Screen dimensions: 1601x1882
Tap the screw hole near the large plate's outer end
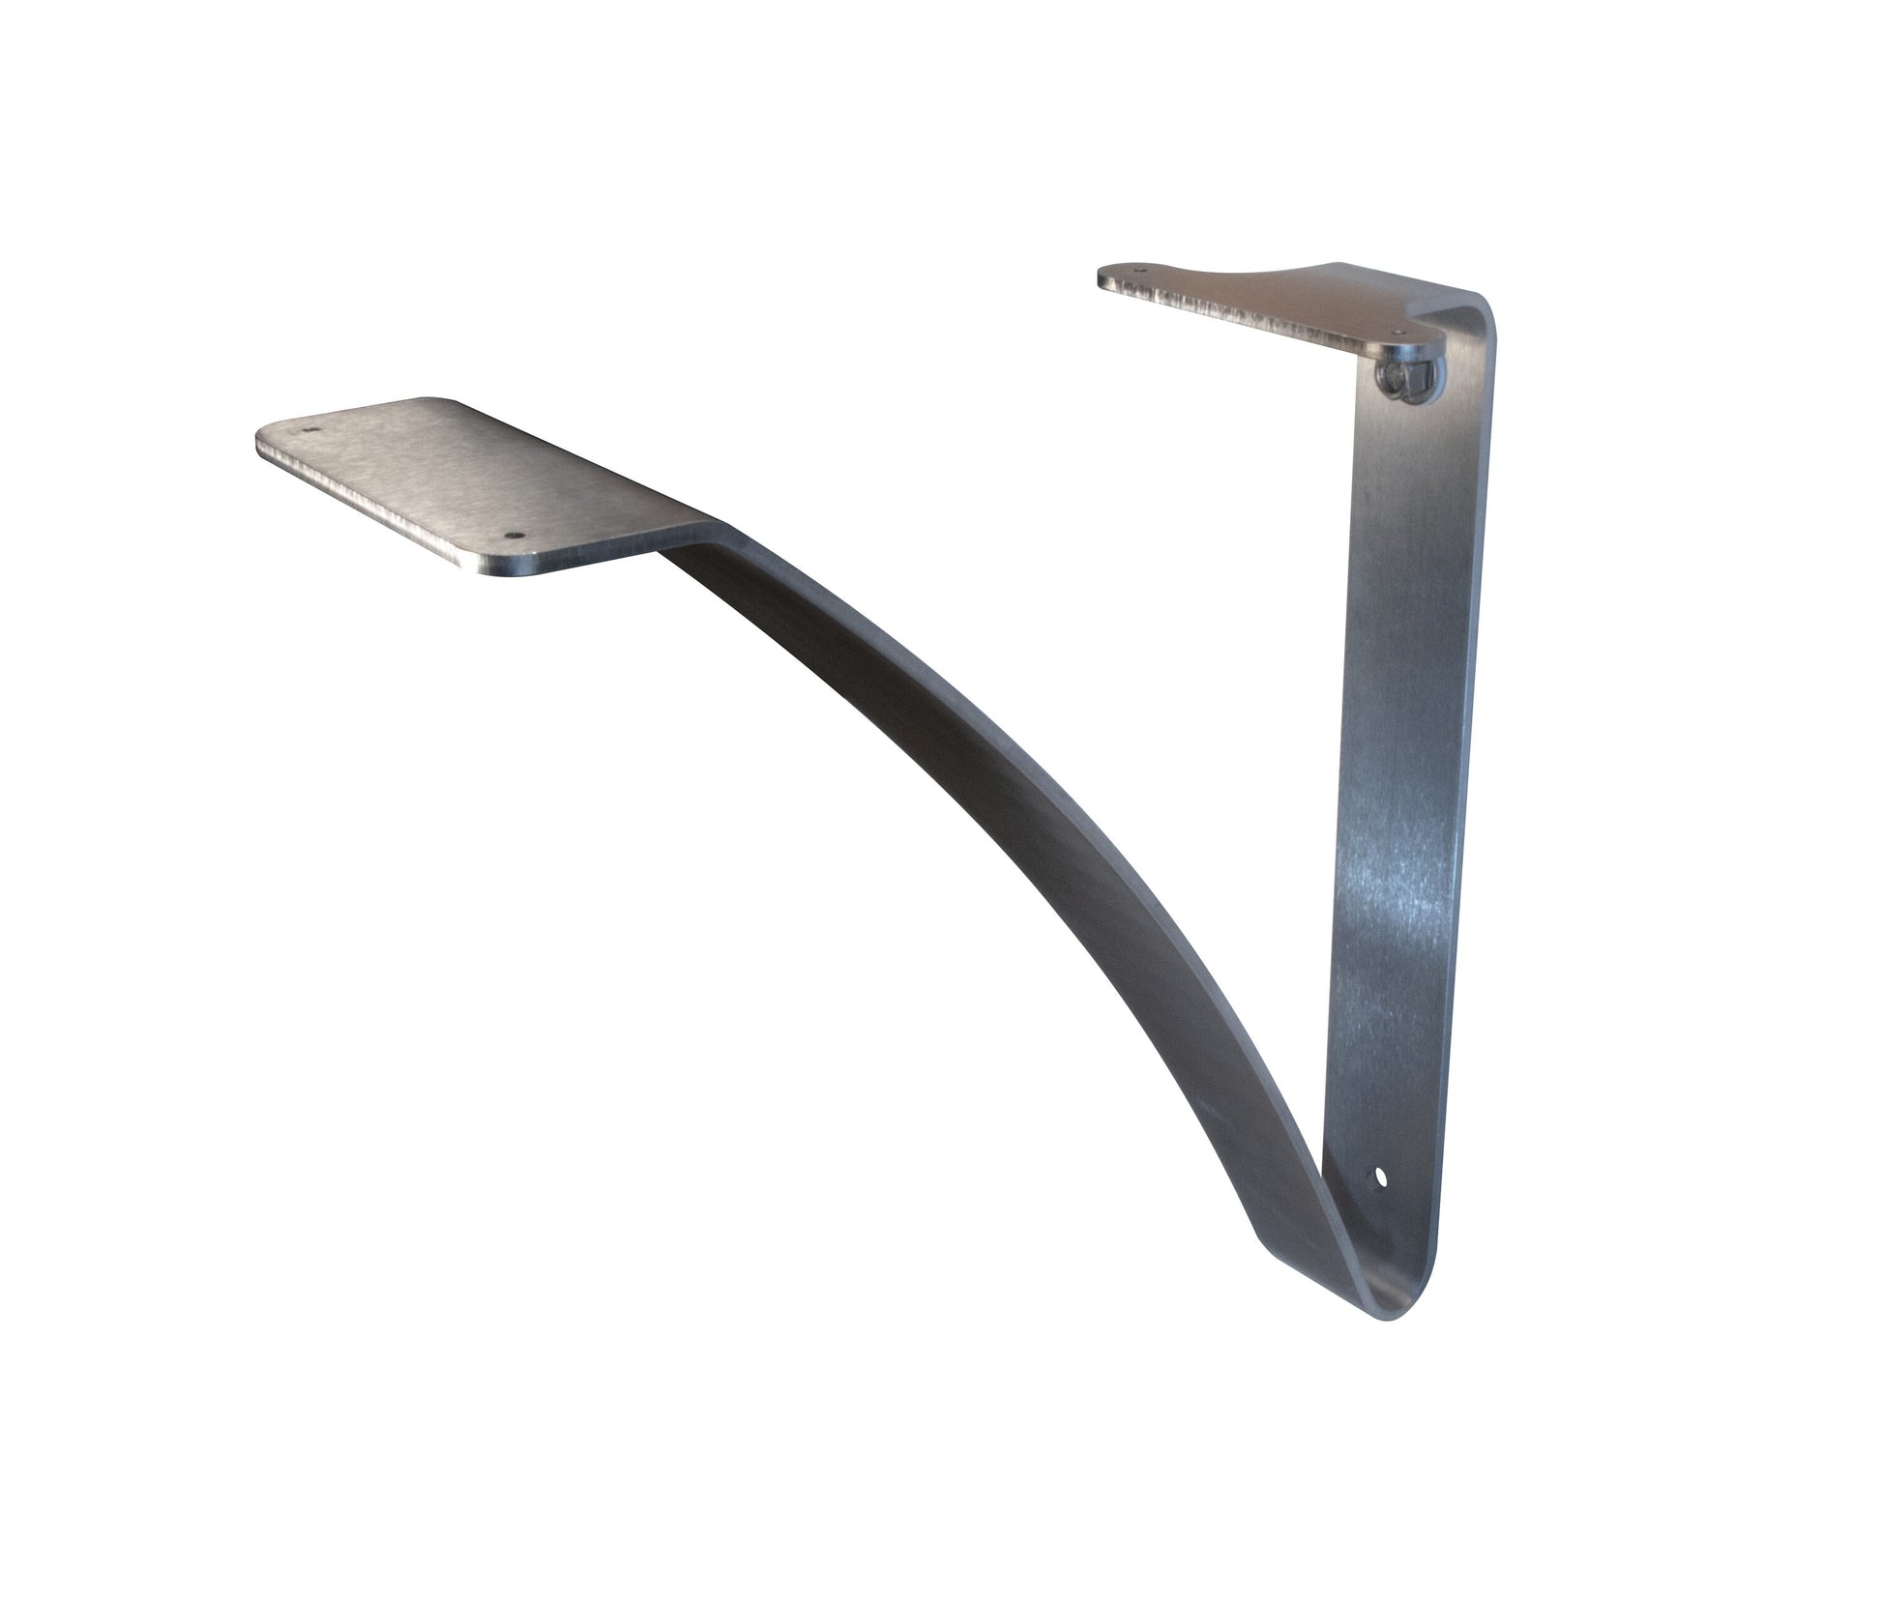point(310,451)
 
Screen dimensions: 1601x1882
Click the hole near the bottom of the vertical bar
point(1380,1179)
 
